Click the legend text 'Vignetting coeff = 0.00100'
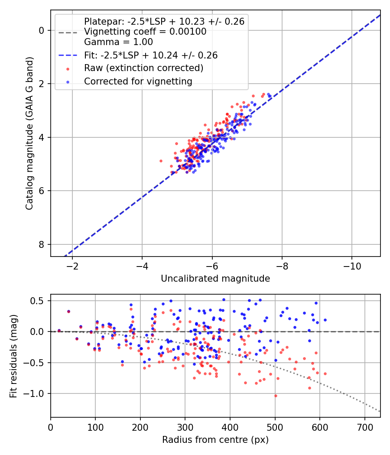145,32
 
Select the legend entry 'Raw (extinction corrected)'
143,68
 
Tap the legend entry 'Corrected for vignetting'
138,81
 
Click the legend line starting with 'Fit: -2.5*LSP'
151,55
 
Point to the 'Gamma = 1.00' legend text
118,42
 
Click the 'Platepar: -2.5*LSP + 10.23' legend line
164,21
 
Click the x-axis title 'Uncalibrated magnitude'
215,279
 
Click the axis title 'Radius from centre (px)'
215,440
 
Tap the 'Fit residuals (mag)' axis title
13,356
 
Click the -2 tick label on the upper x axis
72,265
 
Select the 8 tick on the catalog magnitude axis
42,244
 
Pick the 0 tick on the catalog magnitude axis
42,30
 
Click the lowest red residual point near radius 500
275,396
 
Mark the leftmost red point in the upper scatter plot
161,161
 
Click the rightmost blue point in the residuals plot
325,320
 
